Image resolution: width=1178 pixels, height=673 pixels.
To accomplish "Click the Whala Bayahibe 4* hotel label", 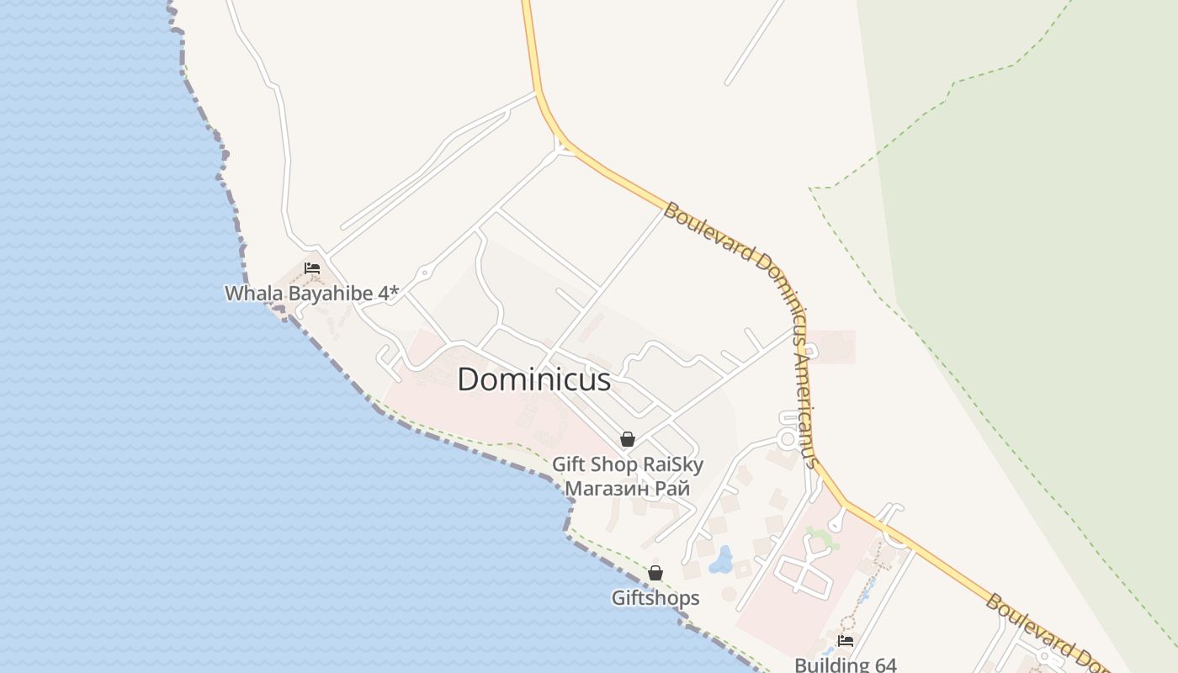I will (x=311, y=294).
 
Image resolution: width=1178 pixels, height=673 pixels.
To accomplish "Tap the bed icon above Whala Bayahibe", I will (x=312, y=269).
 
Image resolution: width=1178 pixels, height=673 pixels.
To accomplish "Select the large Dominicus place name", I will (x=533, y=379).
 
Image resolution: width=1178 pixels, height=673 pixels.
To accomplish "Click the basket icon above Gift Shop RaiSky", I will (x=627, y=439).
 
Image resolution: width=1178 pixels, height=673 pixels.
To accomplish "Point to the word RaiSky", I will (x=672, y=464).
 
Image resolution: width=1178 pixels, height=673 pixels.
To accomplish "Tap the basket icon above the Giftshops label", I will (x=655, y=573).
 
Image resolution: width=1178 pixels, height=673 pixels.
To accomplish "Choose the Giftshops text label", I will (x=655, y=598).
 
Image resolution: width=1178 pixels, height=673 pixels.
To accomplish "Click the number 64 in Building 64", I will (x=883, y=665).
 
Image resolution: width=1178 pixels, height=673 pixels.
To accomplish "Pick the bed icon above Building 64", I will (x=846, y=641).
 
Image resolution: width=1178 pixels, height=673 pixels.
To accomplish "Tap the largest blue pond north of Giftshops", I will (x=721, y=559).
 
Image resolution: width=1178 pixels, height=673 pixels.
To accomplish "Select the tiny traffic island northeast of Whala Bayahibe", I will (x=424, y=273).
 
